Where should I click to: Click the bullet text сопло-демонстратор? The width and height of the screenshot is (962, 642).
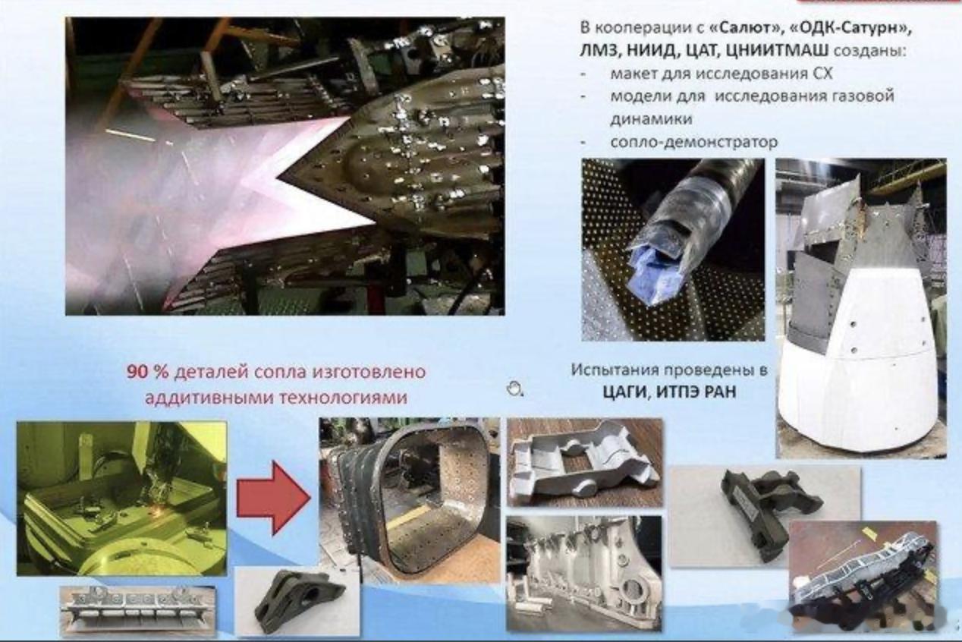pos(693,142)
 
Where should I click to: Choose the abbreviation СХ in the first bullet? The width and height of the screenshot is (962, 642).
pos(822,74)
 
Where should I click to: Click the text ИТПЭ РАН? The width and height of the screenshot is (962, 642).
pos(697,392)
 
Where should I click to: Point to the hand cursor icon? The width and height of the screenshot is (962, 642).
pos(514,389)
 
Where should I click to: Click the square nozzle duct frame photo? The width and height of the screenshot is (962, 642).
pos(410,500)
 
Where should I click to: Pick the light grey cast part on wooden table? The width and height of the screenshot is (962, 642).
pos(585,462)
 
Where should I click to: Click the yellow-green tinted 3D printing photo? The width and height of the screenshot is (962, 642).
pos(121,498)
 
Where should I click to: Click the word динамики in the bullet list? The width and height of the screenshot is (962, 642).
pos(651,119)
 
